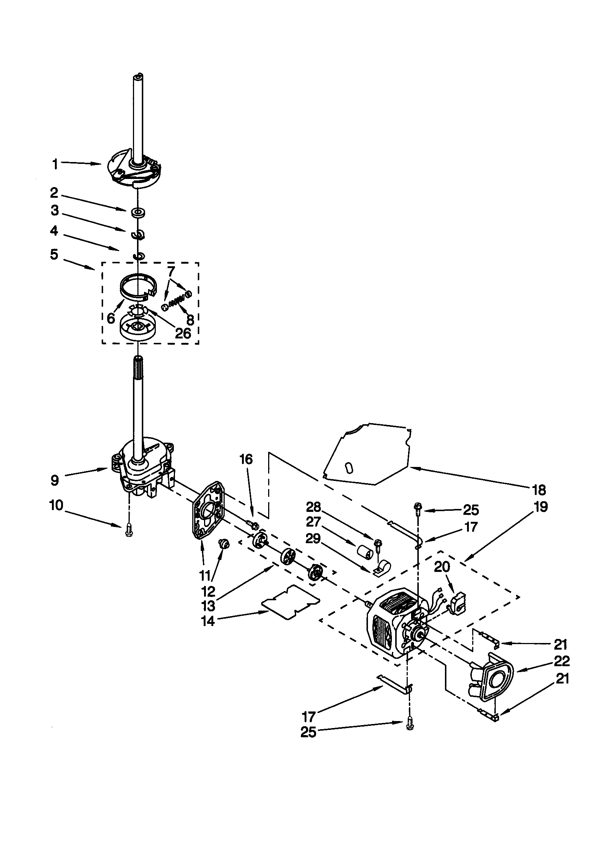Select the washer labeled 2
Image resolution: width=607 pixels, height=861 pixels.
point(138,212)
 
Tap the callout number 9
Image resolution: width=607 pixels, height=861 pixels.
point(55,480)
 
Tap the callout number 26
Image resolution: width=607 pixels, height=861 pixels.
point(183,333)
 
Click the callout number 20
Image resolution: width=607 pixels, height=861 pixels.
point(442,567)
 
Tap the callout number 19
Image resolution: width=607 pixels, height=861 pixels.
point(541,507)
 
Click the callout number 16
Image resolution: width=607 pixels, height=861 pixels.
point(246,459)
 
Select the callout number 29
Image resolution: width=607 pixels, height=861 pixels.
point(313,538)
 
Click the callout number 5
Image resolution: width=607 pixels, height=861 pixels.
point(55,254)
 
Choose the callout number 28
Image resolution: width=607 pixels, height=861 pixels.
point(314,507)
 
